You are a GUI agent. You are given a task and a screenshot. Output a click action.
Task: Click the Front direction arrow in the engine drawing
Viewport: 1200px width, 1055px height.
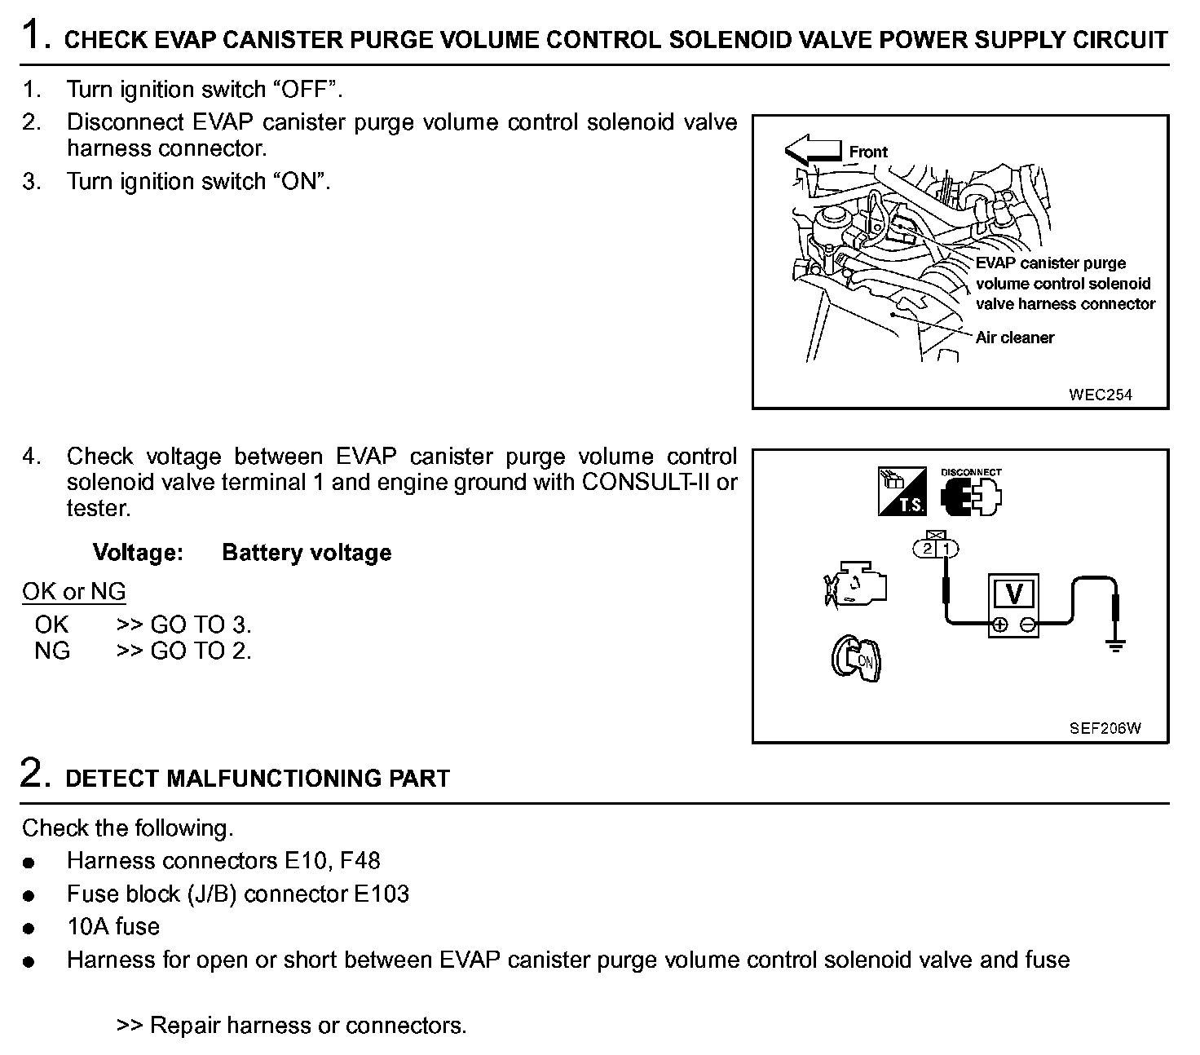813,151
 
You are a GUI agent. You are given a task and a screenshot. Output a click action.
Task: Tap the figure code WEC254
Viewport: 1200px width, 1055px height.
1100,395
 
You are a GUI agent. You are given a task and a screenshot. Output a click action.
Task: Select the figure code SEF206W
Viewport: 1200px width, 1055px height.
1105,728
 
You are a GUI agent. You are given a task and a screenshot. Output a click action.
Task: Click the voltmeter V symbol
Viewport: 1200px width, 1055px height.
1014,594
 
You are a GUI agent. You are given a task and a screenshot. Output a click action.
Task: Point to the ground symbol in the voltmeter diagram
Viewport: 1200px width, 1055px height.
1115,646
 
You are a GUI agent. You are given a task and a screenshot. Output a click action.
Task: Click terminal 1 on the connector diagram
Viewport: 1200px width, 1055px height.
946,549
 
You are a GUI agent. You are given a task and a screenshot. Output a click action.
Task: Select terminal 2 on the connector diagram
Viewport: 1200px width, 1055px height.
928,549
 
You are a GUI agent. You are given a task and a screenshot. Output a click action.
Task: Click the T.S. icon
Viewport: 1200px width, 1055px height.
902,491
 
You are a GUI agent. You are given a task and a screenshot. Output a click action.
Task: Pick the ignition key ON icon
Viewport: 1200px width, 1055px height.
856,659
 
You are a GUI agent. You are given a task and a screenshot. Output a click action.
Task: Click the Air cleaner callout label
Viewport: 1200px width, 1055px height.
1014,338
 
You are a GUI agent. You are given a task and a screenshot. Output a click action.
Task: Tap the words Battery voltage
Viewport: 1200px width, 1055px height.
307,553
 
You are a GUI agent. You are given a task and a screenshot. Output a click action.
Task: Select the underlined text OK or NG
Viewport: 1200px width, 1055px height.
74,591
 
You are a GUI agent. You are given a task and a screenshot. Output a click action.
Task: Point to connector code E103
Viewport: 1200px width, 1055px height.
381,894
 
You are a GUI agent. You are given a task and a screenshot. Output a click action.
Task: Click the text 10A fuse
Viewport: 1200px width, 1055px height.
113,926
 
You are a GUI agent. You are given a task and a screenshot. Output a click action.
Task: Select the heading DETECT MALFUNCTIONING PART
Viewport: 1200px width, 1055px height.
257,779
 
